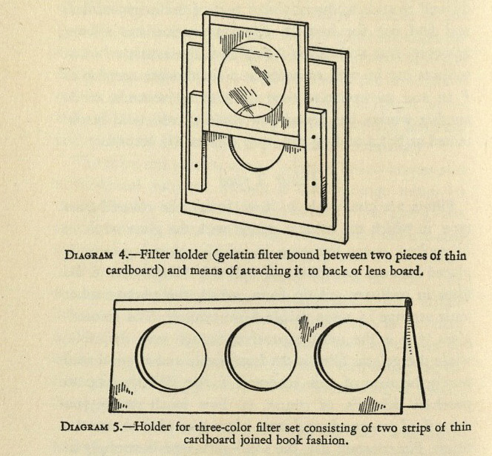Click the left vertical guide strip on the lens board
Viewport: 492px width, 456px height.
click(x=197, y=149)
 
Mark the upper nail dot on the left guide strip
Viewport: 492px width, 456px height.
click(x=196, y=119)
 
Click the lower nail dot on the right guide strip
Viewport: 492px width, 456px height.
click(x=315, y=182)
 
